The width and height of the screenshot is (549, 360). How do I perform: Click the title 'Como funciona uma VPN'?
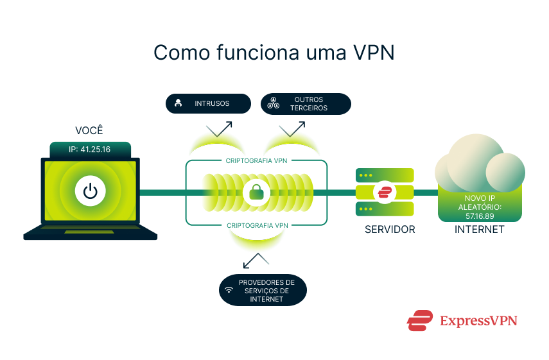tap(274, 53)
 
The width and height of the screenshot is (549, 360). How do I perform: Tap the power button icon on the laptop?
tap(91, 191)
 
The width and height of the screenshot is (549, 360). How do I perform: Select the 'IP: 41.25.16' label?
tap(90, 150)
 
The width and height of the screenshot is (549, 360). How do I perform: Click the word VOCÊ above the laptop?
tap(89, 131)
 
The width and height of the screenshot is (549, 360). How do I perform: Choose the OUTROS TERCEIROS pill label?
tap(306, 103)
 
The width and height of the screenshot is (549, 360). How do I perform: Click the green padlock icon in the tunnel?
tap(257, 192)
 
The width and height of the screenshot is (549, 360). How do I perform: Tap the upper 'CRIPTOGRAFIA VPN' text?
tap(257, 160)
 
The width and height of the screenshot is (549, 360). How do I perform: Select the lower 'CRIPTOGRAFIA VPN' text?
tap(257, 225)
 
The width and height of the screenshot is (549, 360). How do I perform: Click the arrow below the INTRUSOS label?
tap(219, 128)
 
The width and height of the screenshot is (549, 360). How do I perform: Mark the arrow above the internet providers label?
tap(257, 260)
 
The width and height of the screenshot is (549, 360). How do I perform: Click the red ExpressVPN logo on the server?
tap(385, 192)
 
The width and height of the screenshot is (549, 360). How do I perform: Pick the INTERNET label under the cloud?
tap(479, 229)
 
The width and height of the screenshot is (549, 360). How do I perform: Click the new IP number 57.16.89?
tap(479, 216)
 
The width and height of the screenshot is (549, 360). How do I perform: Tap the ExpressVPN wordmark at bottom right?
tap(478, 320)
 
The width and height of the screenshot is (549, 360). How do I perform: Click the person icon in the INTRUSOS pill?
tap(179, 103)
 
